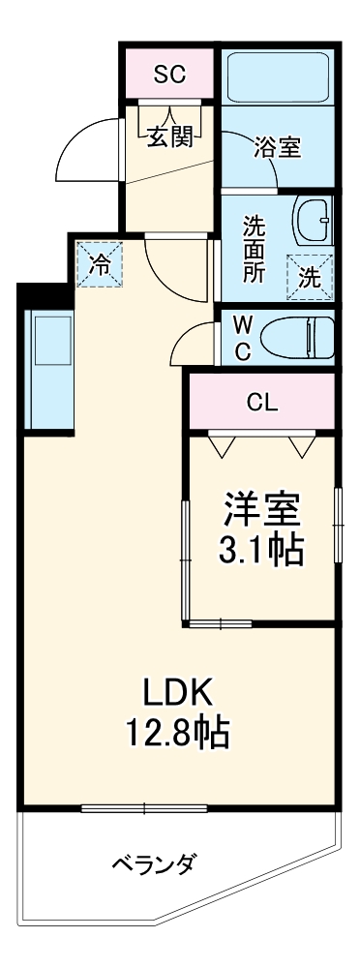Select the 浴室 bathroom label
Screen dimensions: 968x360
pyautogui.click(x=277, y=148)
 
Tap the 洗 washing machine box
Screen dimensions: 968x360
pyautogui.click(x=309, y=277)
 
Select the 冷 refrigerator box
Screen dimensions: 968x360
pyautogui.click(x=101, y=262)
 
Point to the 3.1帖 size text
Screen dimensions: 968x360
pyautogui.click(x=262, y=551)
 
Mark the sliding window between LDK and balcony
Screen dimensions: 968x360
pyautogui.click(x=144, y=806)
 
